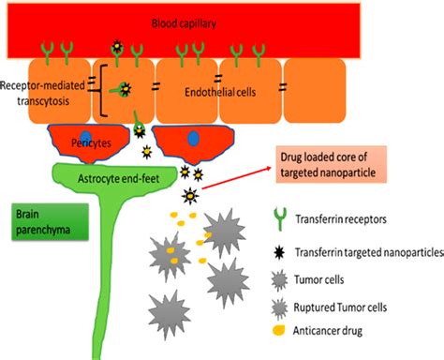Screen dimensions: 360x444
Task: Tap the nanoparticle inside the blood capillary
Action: (x=117, y=46)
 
